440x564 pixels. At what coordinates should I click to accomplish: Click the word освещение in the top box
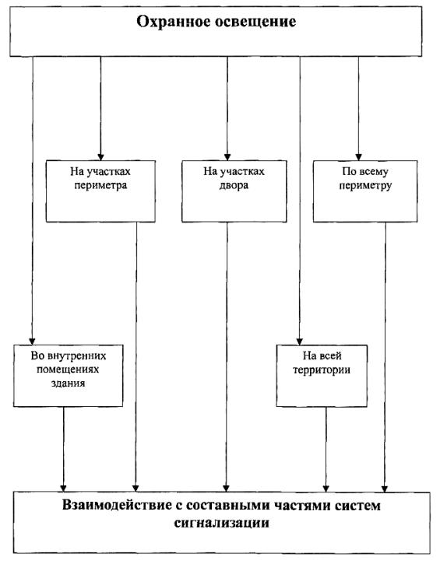(x=255, y=22)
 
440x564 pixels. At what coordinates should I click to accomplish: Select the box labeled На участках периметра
(x=100, y=191)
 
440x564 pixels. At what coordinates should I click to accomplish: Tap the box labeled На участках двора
(x=234, y=191)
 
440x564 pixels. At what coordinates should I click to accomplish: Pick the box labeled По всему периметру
(x=365, y=191)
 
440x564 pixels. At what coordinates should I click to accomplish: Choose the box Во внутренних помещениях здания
(x=68, y=376)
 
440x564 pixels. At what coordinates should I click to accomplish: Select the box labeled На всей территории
(x=322, y=376)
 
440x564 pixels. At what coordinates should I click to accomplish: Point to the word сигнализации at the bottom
(x=221, y=523)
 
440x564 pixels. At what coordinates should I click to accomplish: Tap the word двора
(x=234, y=186)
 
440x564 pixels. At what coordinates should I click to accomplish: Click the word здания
(x=68, y=384)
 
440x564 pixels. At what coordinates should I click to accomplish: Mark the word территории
(x=322, y=370)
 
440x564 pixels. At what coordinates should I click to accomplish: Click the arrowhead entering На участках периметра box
(x=100, y=157)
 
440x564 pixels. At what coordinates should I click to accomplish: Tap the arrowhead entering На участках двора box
(x=227, y=157)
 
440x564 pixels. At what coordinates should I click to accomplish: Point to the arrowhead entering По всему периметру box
(x=358, y=157)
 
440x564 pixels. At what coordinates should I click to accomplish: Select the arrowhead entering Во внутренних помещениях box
(x=32, y=342)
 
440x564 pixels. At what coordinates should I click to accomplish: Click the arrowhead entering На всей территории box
(x=299, y=342)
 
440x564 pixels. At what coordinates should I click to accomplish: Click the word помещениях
(x=68, y=370)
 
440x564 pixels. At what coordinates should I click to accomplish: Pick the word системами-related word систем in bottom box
(x=357, y=505)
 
